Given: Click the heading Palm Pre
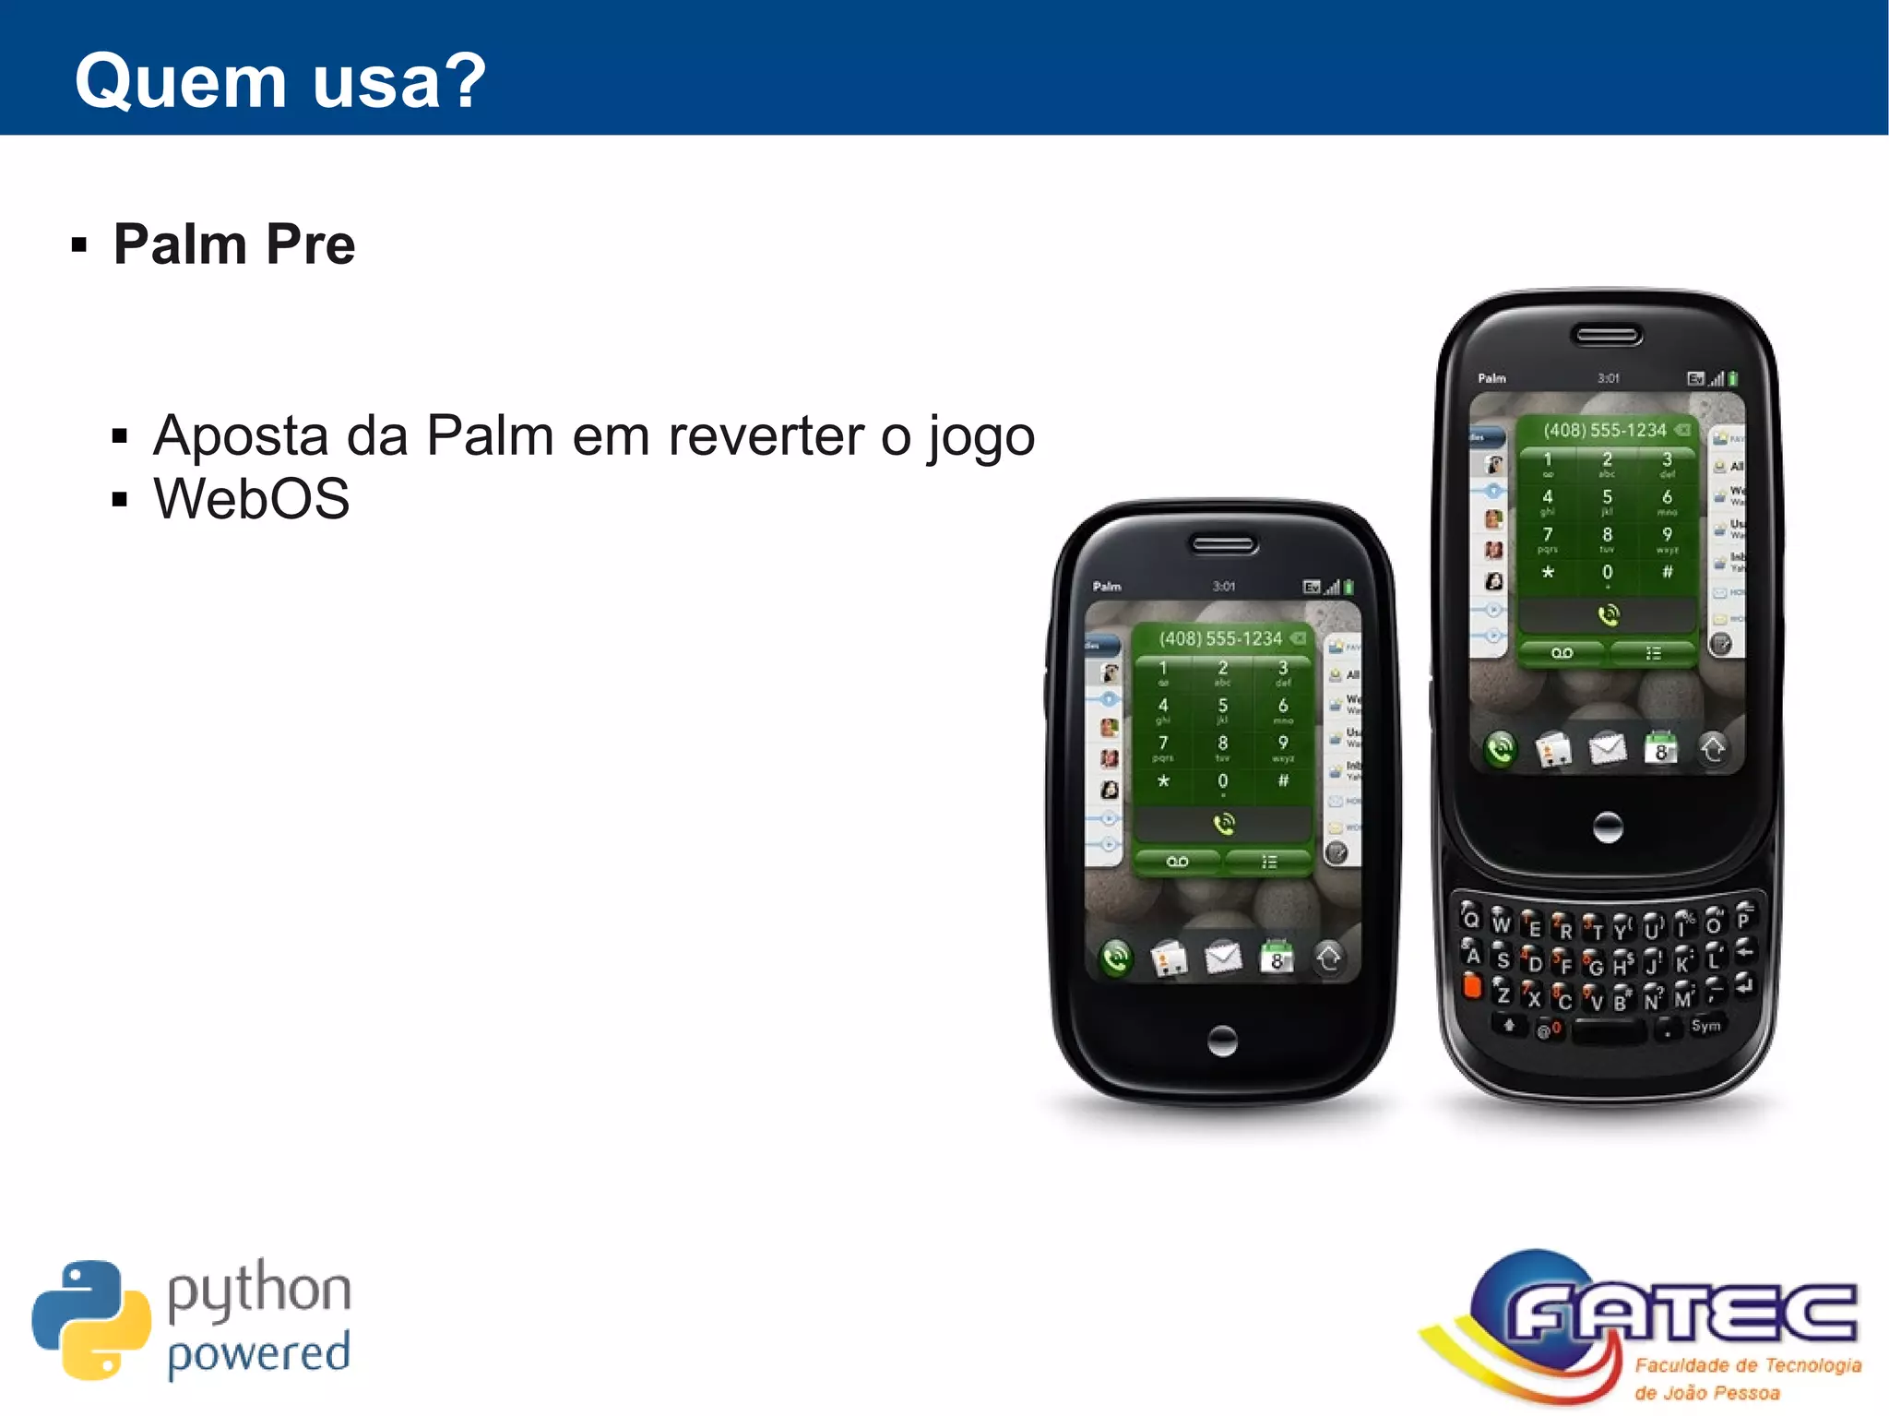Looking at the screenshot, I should [233, 244].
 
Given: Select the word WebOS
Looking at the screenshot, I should [251, 499].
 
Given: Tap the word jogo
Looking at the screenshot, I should [981, 438].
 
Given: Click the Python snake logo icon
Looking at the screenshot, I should [90, 1320].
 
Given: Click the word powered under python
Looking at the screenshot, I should [258, 1354].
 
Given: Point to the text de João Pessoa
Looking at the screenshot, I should [1706, 1393].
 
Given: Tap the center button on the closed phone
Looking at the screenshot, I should [1222, 1041].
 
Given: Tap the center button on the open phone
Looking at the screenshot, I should [1608, 827].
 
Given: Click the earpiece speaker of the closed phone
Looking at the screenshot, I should [1223, 544].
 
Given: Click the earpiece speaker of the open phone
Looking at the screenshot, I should [1608, 335].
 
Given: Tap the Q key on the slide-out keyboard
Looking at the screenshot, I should [1470, 919].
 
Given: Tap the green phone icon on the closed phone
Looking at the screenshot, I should [1116, 958].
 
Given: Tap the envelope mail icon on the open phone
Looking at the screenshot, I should [1607, 749].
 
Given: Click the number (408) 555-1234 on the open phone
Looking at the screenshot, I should [1605, 430].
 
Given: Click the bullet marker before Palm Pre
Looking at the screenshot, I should [79, 245].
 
